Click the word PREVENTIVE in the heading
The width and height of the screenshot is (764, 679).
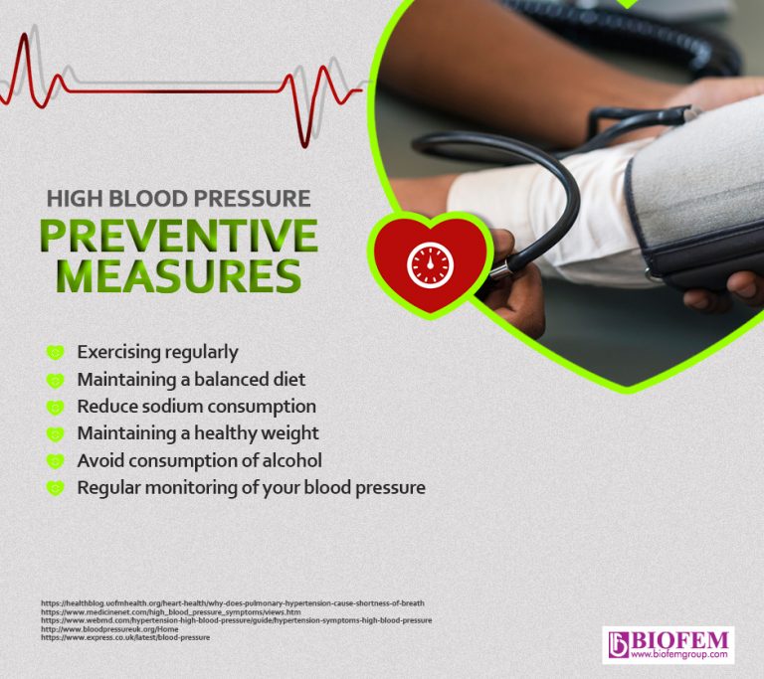tap(178, 236)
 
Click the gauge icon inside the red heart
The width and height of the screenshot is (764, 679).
tap(430, 264)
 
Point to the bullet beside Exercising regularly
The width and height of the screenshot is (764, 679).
tap(56, 352)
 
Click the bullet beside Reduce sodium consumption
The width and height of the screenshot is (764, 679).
tap(56, 407)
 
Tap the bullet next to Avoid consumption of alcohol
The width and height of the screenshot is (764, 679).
tap(56, 461)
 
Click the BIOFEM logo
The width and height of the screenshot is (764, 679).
tap(668, 639)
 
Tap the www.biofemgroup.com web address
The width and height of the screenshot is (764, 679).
tap(680, 655)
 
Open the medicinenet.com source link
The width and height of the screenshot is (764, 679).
tap(170, 611)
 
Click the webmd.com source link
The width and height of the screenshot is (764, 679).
tap(236, 619)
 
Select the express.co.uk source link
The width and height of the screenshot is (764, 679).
tap(125, 636)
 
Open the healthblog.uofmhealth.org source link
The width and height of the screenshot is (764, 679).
tap(233, 603)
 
